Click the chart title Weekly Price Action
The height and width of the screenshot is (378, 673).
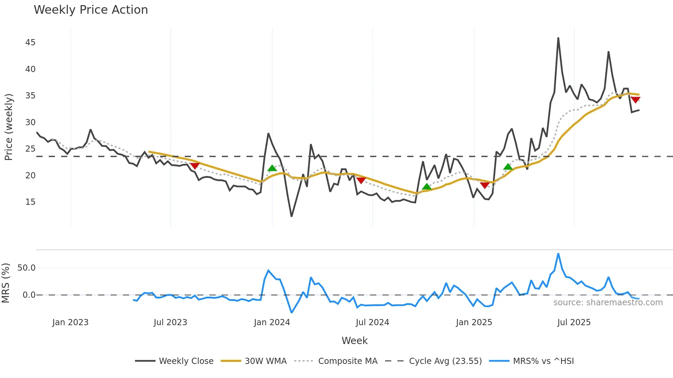91,10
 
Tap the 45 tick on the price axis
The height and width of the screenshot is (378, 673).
30,43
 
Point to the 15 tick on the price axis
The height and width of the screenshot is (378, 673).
30,202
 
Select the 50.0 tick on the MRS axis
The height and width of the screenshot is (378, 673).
26,268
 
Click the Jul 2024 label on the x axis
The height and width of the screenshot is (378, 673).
372,322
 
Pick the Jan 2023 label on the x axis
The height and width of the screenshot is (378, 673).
70,322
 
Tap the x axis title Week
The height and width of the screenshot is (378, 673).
354,341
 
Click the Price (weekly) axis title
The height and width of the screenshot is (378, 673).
9,127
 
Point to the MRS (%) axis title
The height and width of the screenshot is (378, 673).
5,283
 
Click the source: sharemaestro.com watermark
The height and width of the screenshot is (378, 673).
608,303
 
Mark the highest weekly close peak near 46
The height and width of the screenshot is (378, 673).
558,38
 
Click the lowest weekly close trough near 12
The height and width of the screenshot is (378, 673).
292,216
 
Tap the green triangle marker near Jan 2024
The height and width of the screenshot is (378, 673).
272,168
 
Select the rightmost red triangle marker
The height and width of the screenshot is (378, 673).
635,100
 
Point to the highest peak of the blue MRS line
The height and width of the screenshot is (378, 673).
558,254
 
